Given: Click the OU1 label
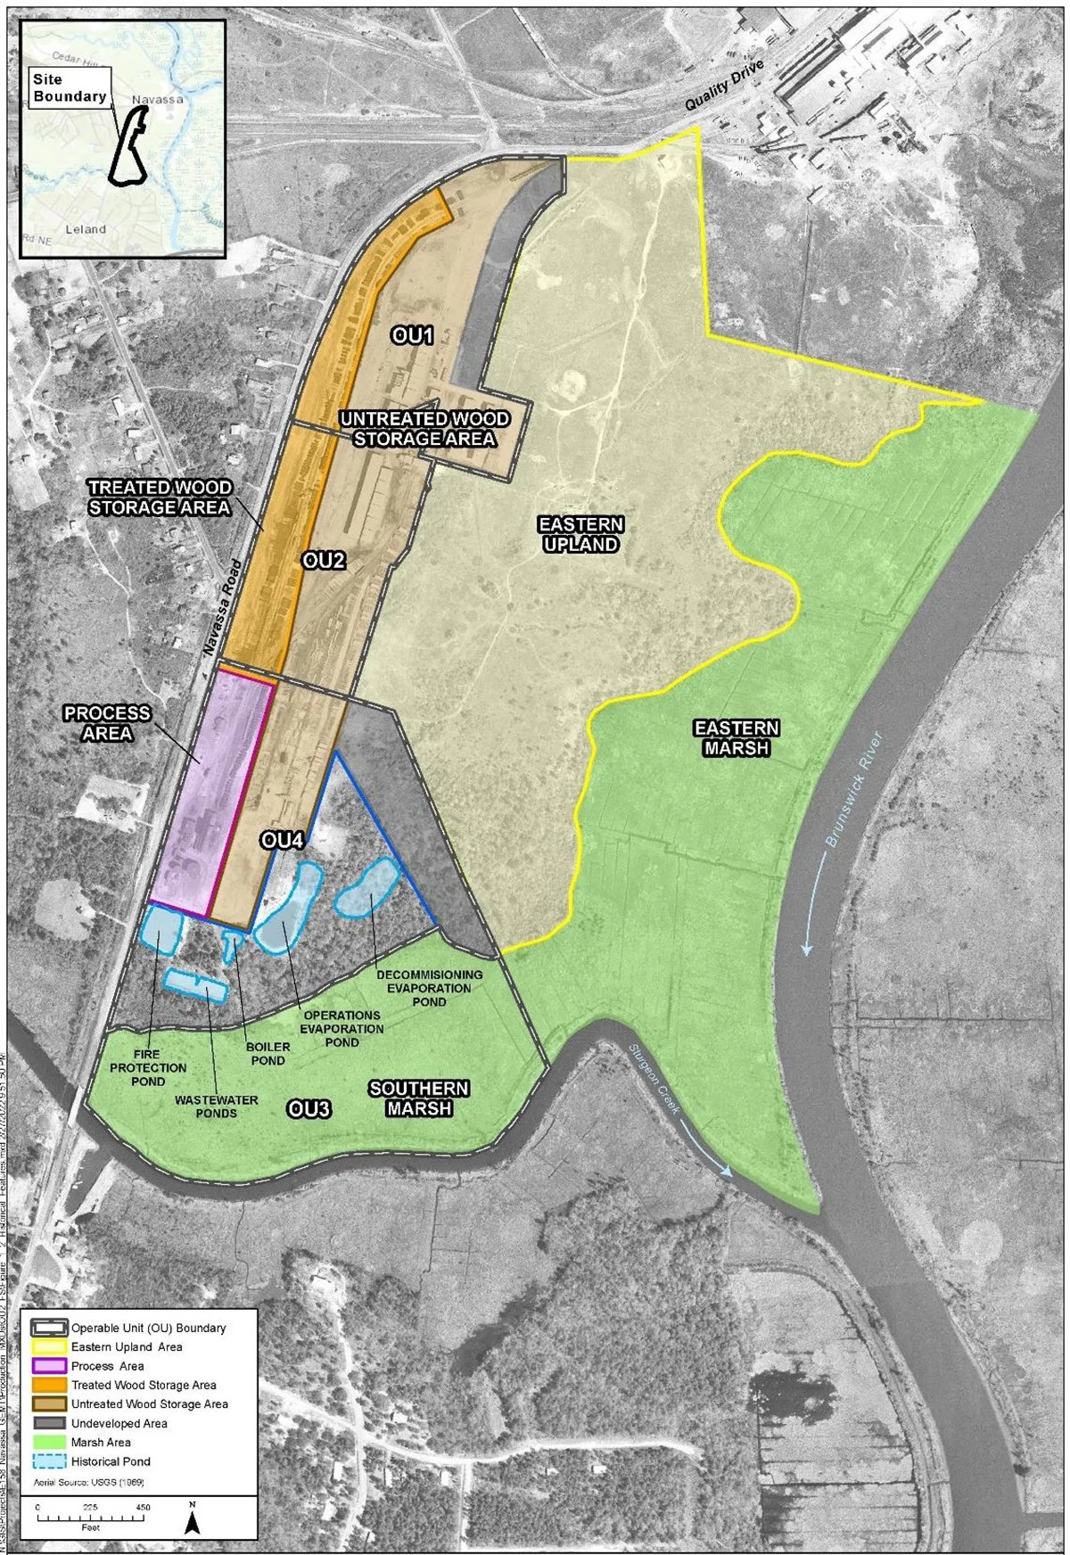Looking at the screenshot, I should pyautogui.click(x=413, y=336).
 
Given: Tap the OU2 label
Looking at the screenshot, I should pyautogui.click(x=323, y=560).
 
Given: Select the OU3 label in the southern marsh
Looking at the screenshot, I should pyautogui.click(x=309, y=1108).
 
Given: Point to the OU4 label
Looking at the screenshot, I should pyautogui.click(x=283, y=840).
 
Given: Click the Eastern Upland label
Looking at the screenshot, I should pyautogui.click(x=580, y=534).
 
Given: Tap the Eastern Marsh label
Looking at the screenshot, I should pyautogui.click(x=737, y=738).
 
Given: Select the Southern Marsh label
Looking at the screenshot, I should pyautogui.click(x=419, y=1098).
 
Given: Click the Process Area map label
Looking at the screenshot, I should pyautogui.click(x=107, y=723).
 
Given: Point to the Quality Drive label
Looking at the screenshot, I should pyautogui.click(x=724, y=86).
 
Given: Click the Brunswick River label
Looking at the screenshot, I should pyautogui.click(x=854, y=788).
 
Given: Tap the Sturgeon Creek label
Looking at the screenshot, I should pyautogui.click(x=654, y=1079).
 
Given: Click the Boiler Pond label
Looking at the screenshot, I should pyautogui.click(x=267, y=1054).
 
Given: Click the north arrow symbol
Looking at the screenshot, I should pyautogui.click(x=192, y=1518).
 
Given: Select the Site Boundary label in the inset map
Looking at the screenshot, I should pyautogui.click(x=70, y=87).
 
